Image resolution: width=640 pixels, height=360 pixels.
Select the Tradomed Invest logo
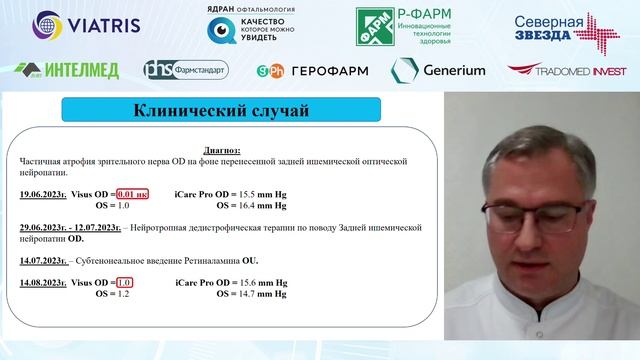[566, 70]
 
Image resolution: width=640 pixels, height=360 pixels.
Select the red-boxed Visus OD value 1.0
[125, 284]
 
